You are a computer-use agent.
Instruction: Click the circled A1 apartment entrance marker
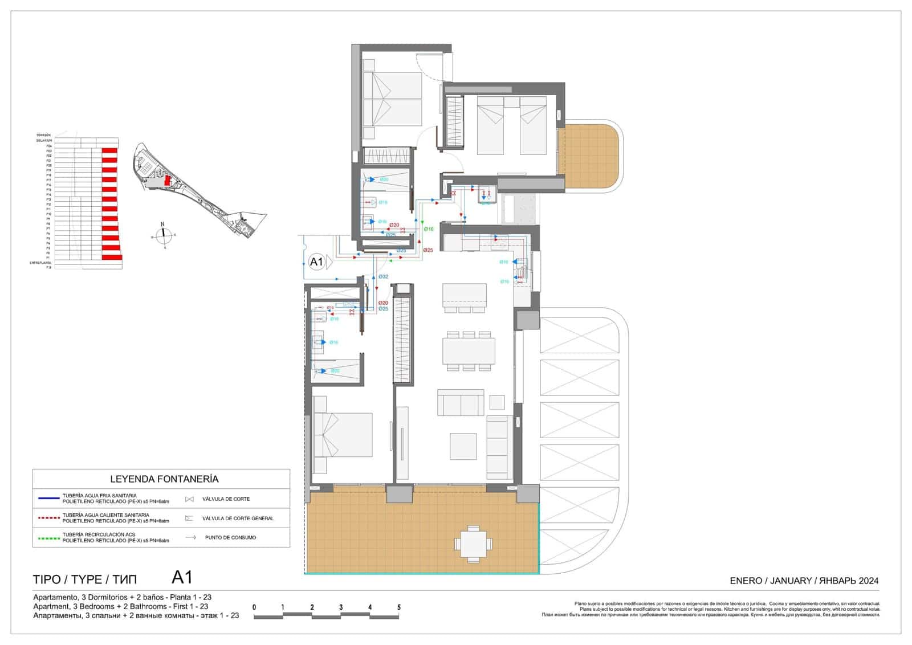point(316,262)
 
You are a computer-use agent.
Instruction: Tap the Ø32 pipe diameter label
point(384,277)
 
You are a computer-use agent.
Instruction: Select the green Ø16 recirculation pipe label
point(429,229)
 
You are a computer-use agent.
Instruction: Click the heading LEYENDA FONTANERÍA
point(164,479)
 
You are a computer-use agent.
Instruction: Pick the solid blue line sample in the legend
point(48,499)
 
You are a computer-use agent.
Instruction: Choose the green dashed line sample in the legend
point(48,537)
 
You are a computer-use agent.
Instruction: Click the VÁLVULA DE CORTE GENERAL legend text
point(238,519)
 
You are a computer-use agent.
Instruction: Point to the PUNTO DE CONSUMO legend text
point(230,537)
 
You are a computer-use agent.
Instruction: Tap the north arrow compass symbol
point(163,234)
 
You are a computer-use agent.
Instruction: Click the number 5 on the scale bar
point(399,607)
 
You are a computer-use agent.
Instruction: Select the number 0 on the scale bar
point(254,607)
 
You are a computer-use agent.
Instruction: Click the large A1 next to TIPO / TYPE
point(182,578)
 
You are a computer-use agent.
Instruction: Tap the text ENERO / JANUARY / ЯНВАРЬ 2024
point(804,581)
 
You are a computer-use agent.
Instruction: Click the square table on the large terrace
point(473,544)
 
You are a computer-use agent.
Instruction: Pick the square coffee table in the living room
point(463,447)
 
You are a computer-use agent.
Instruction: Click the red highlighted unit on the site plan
point(167,180)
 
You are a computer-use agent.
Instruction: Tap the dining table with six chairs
point(469,350)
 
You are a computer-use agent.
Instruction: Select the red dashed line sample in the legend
point(48,518)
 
